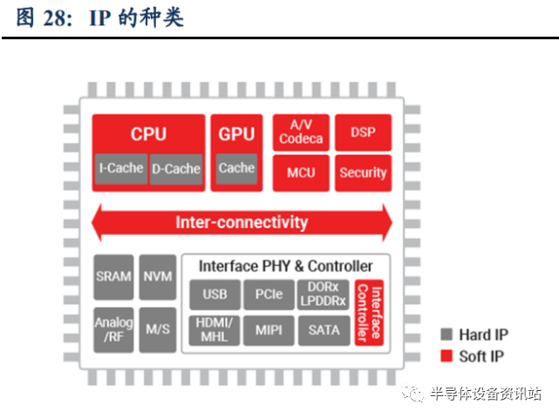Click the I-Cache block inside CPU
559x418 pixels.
(x=121, y=168)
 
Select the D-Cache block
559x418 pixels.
(x=176, y=169)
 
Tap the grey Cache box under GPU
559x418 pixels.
(x=236, y=168)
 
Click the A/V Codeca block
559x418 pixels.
(x=301, y=133)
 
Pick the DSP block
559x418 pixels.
(x=364, y=133)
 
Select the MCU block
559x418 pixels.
(x=301, y=173)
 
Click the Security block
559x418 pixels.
(x=364, y=173)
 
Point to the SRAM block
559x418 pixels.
(x=113, y=278)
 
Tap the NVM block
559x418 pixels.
(x=158, y=278)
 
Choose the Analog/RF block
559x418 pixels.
(x=113, y=330)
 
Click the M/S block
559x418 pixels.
(x=158, y=330)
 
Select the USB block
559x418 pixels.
(x=215, y=295)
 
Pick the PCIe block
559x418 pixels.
(x=269, y=295)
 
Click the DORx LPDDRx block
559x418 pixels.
(x=323, y=295)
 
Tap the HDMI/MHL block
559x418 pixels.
(x=215, y=331)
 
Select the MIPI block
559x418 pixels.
(x=269, y=331)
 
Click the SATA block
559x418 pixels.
(x=324, y=331)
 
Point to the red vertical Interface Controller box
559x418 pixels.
(x=370, y=312)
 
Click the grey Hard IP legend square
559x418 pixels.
(x=447, y=334)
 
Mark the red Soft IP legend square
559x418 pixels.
(x=447, y=356)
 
